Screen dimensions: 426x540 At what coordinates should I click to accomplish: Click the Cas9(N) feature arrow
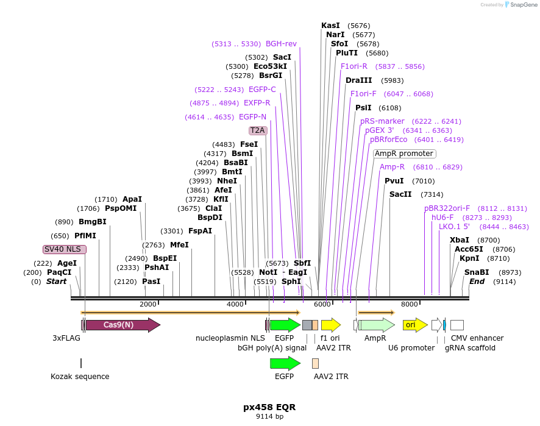point(122,325)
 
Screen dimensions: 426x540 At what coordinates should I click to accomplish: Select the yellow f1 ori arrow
point(330,325)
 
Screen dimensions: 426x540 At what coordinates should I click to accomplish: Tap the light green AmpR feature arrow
point(376,325)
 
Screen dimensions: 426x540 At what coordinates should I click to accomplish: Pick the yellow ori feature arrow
point(415,325)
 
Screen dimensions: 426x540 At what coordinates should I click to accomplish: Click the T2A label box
point(258,130)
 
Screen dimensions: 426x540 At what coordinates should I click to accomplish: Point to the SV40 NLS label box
point(65,249)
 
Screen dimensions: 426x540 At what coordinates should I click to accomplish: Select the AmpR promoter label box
point(404,154)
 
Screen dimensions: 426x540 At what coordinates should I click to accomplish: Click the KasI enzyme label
point(330,26)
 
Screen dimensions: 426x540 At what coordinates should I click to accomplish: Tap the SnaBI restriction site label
point(477,272)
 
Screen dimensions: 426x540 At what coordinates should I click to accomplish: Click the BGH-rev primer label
point(281,44)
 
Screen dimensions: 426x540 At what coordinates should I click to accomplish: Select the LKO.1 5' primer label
point(455,227)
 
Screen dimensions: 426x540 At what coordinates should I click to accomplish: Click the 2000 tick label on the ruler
point(148,304)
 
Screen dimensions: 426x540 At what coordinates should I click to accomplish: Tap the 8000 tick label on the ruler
point(410,304)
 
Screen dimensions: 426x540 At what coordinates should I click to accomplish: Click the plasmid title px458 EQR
point(269,406)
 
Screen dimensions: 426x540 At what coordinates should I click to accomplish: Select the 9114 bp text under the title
point(269,417)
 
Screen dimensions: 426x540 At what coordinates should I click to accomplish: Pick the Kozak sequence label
point(80,377)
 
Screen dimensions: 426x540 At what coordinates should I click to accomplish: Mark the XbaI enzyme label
point(460,240)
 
